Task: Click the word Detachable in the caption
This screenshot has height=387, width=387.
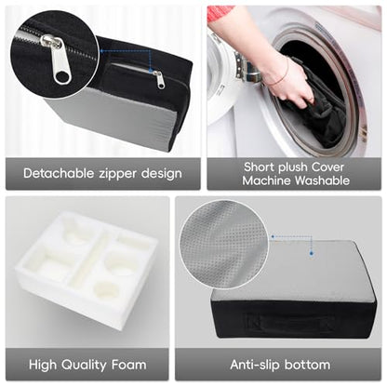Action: tap(59, 173)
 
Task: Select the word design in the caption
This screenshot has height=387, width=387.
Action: tap(162, 174)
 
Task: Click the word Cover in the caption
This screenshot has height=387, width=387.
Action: tap(327, 167)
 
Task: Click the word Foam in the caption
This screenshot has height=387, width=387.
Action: tap(128, 365)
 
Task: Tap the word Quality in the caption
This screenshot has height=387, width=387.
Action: tap(84, 366)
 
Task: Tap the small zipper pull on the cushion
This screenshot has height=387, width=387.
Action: tap(159, 79)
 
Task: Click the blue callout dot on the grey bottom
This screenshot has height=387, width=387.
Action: tap(312, 254)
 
